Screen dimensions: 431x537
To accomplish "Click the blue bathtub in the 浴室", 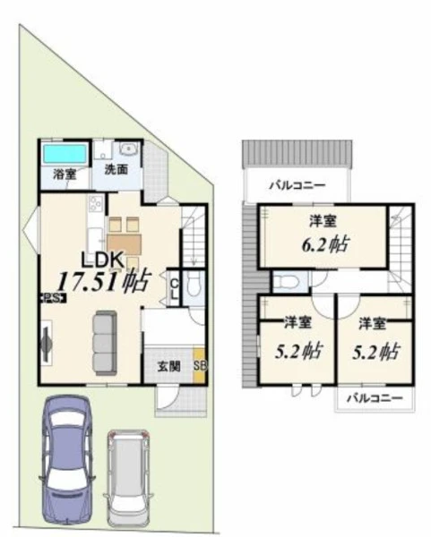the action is click(x=65, y=154).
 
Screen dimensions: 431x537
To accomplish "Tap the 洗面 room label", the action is click(x=116, y=169).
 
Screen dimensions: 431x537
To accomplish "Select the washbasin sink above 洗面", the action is click(x=128, y=149).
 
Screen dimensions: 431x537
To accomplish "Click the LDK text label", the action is click(x=102, y=260).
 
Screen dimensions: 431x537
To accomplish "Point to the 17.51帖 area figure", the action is click(x=104, y=282).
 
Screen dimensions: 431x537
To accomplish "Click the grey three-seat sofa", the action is click(x=105, y=343).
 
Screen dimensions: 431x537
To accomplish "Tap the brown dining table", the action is click(x=125, y=244).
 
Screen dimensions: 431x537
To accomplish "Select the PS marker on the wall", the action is click(x=54, y=298).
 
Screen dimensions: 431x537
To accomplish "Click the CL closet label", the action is click(x=175, y=288).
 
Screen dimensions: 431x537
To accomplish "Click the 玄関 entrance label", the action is click(x=168, y=366).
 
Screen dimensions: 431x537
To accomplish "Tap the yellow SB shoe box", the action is click(x=199, y=365).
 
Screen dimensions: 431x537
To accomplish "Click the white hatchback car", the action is click(x=127, y=478).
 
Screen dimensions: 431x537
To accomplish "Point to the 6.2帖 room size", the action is click(x=324, y=244).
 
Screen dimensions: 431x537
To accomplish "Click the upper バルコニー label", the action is click(x=297, y=185).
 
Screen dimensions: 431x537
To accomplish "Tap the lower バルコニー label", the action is click(x=374, y=398).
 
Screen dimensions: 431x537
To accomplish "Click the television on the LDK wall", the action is click(x=46, y=343).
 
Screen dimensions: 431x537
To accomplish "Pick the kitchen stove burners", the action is click(x=95, y=204).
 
